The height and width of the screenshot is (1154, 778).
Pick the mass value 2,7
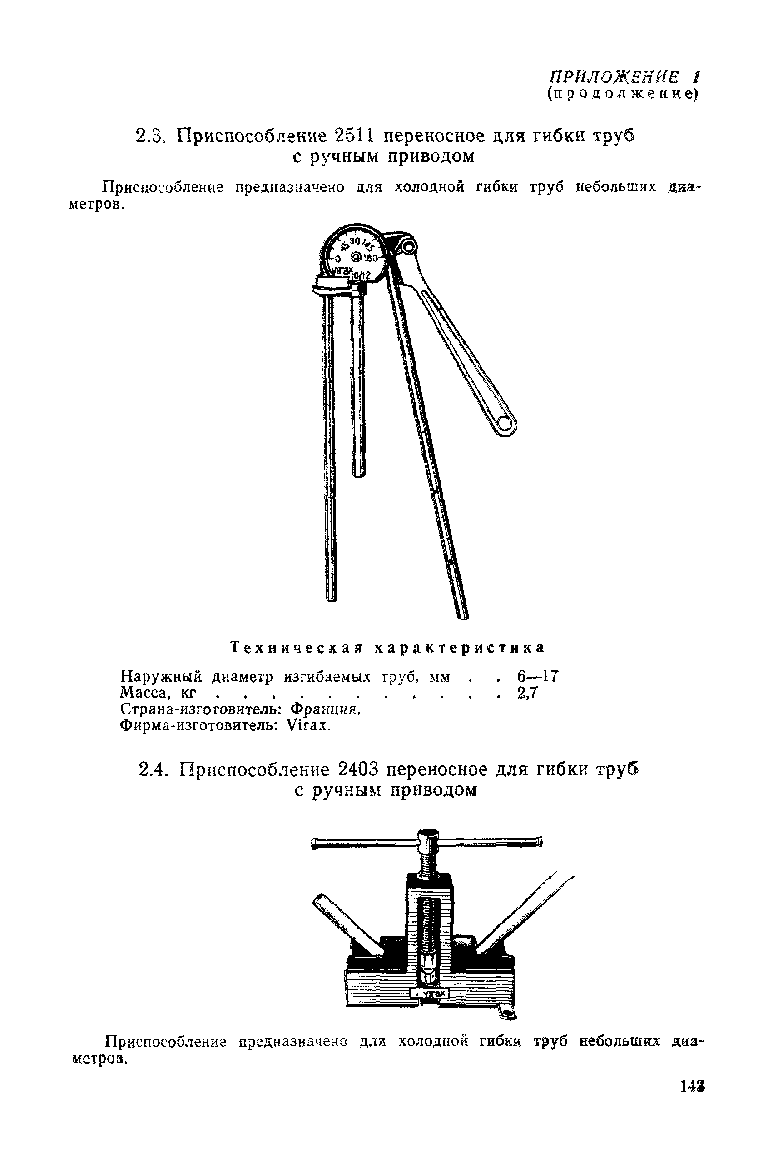point(527,693)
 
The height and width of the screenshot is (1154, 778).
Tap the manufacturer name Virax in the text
point(307,726)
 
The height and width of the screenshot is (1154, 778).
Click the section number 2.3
point(149,135)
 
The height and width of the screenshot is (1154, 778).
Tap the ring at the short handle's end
point(505,423)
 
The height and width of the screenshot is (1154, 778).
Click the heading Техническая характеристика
point(388,648)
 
